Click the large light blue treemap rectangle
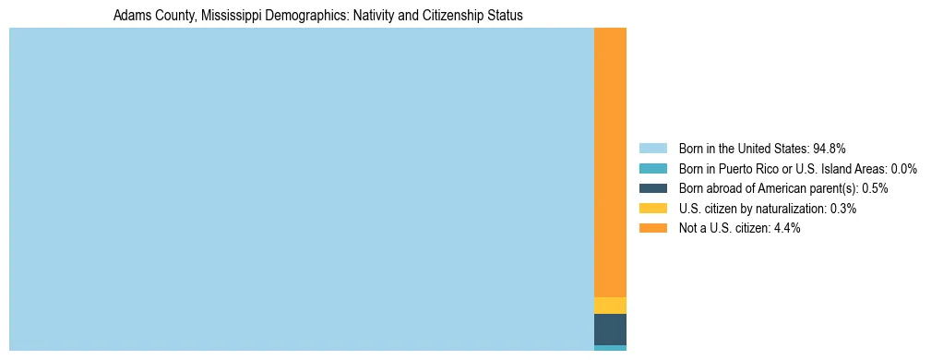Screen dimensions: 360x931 point(301,189)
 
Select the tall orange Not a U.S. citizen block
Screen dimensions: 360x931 point(610,162)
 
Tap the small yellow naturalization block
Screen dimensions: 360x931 point(610,306)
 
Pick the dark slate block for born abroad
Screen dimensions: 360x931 point(610,330)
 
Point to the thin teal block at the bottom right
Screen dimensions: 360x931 point(610,348)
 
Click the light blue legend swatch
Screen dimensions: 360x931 point(652,149)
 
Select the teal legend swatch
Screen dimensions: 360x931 point(652,169)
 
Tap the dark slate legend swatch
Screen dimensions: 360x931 point(652,188)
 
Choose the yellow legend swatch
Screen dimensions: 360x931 point(652,209)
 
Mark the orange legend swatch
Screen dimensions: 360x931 point(652,228)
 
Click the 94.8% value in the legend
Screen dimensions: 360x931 point(830,149)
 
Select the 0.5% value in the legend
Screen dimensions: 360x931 point(875,188)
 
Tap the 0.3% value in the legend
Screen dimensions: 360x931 point(842,209)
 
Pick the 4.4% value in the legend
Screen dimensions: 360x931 point(786,228)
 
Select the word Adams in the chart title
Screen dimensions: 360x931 point(130,16)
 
